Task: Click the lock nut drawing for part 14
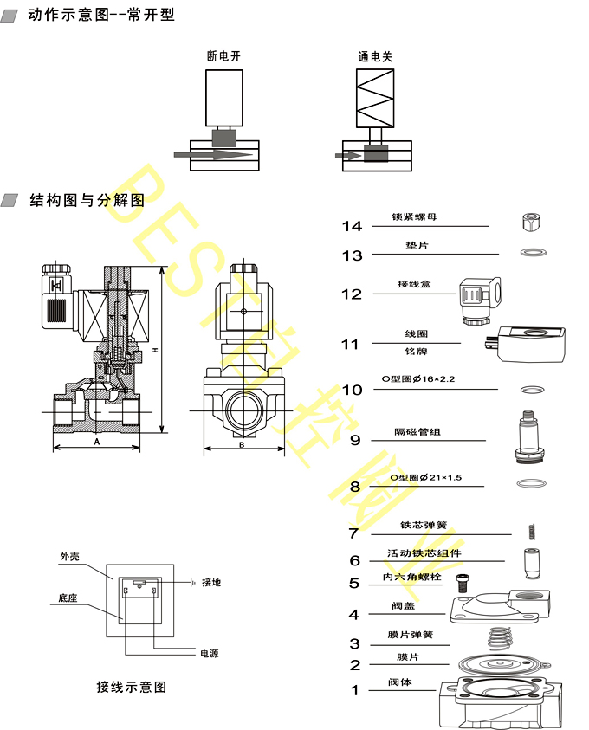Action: (532, 222)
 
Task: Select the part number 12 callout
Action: (351, 294)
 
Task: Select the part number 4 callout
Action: (353, 615)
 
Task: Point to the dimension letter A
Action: (97, 441)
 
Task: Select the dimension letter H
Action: (154, 350)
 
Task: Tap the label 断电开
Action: (223, 56)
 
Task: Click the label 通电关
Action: (375, 56)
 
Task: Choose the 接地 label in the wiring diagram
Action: (211, 583)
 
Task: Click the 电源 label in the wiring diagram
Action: (209, 653)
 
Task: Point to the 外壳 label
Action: (69, 557)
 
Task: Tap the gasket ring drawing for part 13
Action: (532, 253)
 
